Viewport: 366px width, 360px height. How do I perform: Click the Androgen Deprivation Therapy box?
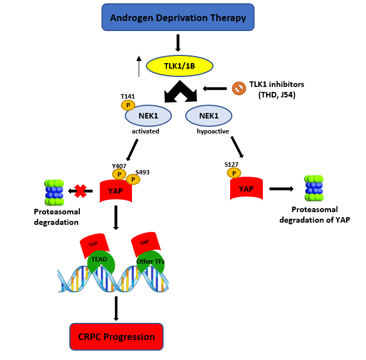click(x=178, y=17)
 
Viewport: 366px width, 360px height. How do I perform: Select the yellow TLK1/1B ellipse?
click(x=180, y=66)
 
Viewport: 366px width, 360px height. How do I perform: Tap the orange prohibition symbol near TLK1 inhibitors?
click(x=239, y=89)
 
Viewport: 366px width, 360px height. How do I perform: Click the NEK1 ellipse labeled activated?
click(x=149, y=116)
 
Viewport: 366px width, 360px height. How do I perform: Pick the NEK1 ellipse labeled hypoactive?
click(x=209, y=116)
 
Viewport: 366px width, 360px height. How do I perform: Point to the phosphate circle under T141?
click(x=128, y=105)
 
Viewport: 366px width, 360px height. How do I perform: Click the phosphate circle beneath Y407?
click(x=119, y=174)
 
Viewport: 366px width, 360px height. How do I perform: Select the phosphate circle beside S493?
click(x=133, y=179)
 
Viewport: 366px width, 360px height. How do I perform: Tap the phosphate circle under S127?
click(x=234, y=173)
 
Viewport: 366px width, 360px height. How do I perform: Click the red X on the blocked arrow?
click(x=80, y=191)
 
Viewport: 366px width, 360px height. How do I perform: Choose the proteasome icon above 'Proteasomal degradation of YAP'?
click(x=314, y=188)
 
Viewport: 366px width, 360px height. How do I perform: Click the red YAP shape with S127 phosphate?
click(x=246, y=188)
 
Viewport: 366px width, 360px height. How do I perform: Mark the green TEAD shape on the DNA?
click(x=101, y=261)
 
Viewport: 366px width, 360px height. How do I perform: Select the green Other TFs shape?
click(x=151, y=261)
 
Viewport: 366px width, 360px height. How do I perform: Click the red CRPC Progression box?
click(x=116, y=337)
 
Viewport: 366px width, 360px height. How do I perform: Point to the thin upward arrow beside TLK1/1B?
click(x=139, y=66)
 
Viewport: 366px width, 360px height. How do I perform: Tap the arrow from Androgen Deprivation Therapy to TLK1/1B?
click(x=178, y=43)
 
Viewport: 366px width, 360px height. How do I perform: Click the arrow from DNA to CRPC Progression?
click(x=116, y=308)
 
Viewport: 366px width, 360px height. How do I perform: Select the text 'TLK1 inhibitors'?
click(x=277, y=84)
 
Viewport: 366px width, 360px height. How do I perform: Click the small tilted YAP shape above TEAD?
click(x=94, y=245)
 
